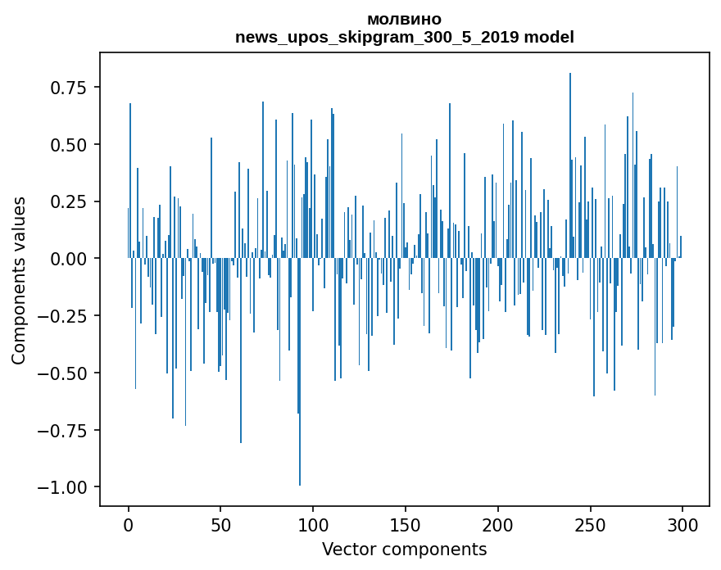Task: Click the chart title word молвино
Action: [404, 19]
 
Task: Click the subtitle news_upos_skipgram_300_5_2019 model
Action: [404, 37]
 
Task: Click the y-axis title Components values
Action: [18, 280]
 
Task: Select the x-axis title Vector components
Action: [404, 550]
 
